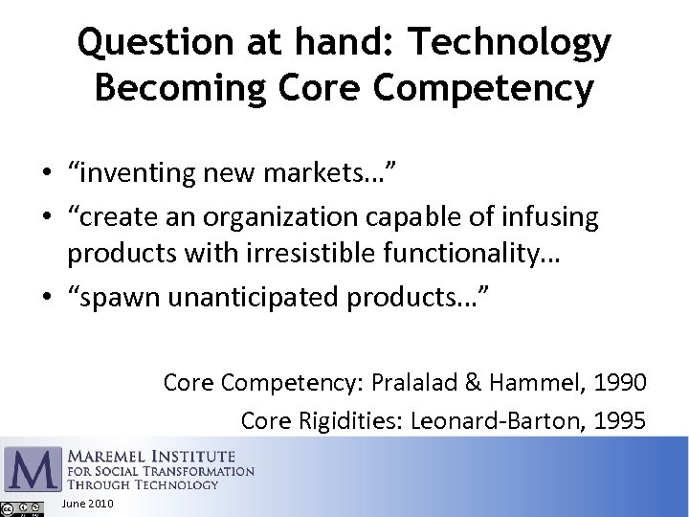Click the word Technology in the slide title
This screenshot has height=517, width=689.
click(509, 43)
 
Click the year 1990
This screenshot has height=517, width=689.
click(619, 382)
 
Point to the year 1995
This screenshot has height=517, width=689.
click(619, 420)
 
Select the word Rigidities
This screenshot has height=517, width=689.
click(357, 420)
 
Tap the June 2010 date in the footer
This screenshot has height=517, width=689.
click(87, 504)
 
